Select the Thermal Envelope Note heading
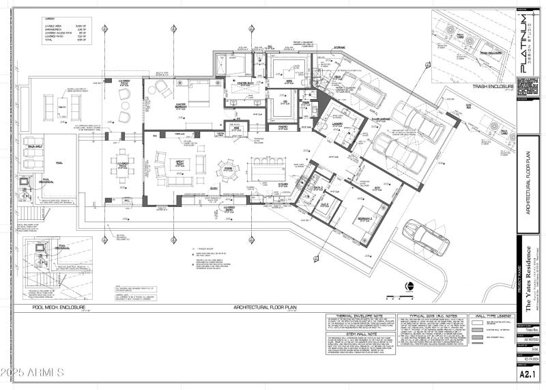[x=354, y=318]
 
